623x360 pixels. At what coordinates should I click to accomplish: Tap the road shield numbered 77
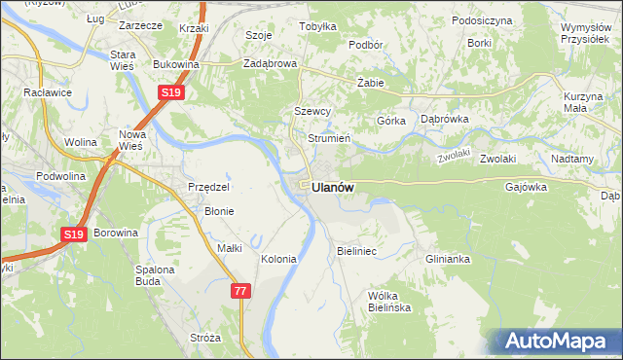[242, 291]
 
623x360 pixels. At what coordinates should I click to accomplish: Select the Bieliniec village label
[356, 251]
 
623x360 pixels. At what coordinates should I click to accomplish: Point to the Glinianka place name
[448, 259]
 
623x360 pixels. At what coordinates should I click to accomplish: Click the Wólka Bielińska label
[390, 301]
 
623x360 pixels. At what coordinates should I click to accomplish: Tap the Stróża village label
[205, 338]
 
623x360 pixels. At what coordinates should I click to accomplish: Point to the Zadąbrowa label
[270, 64]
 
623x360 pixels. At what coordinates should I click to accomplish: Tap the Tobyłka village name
[317, 27]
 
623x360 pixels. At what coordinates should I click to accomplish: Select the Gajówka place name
[526, 187]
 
